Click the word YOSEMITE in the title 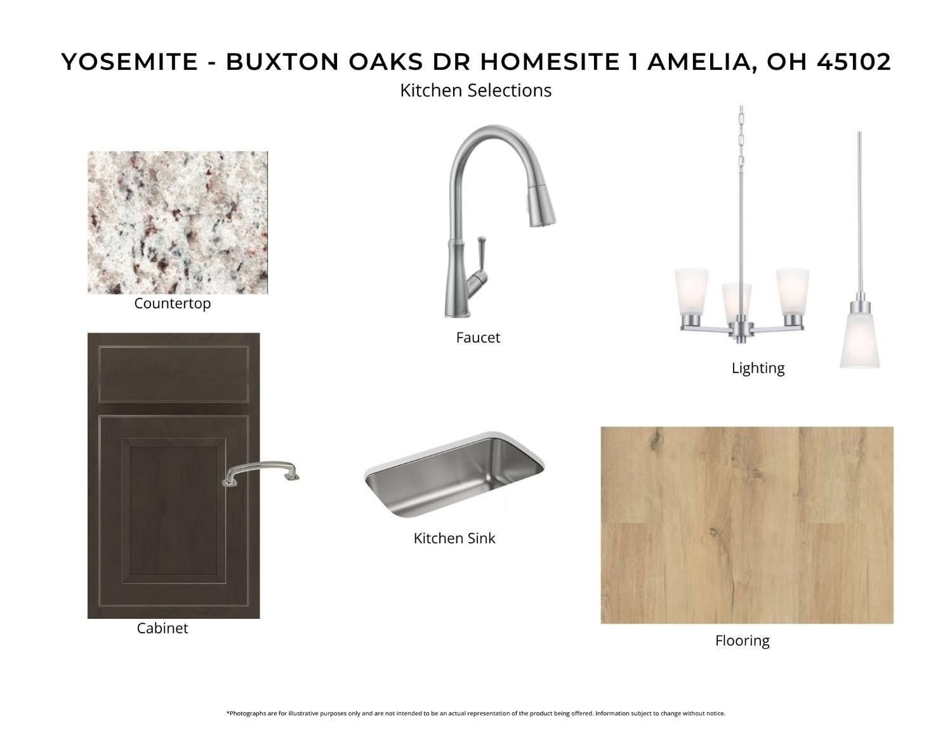point(129,62)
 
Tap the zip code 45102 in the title point(854,62)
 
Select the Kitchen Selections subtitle point(475,90)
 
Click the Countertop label point(172,303)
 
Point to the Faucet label point(478,338)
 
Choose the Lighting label point(758,368)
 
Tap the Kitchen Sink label point(454,538)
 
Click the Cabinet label point(162,628)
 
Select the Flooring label point(742,641)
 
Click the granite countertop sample point(178,222)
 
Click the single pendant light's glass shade point(859,340)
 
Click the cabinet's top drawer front point(173,374)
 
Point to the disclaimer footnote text point(475,713)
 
